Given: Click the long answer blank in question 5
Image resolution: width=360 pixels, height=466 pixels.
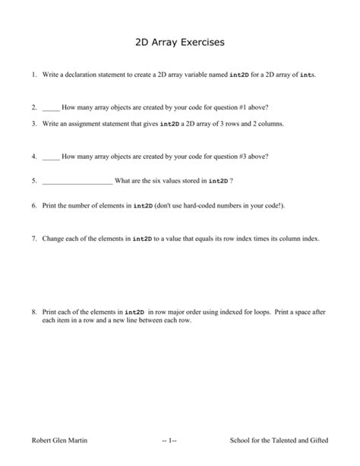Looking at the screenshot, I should coord(77,181).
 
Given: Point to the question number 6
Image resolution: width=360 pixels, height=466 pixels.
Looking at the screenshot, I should coord(34,205).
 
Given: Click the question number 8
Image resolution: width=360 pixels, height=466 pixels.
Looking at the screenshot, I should coord(34,312).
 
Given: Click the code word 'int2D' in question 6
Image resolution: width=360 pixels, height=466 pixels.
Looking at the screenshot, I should coord(144,206).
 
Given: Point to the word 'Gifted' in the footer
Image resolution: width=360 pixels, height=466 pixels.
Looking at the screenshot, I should coord(315,441).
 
